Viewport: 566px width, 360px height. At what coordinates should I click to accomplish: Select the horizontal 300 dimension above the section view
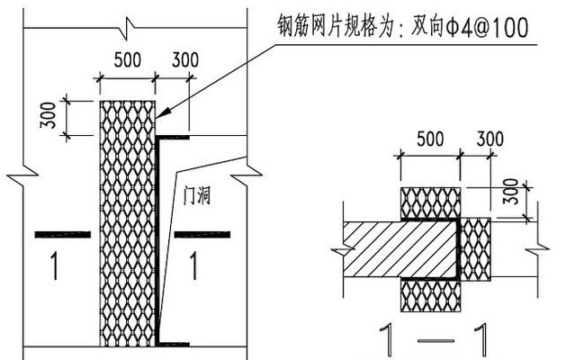click(x=490, y=140)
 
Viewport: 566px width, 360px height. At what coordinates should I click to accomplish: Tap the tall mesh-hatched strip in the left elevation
click(x=126, y=220)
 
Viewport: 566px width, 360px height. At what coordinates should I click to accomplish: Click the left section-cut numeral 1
click(x=56, y=265)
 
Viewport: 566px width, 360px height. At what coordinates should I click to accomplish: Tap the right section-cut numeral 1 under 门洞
click(x=193, y=265)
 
